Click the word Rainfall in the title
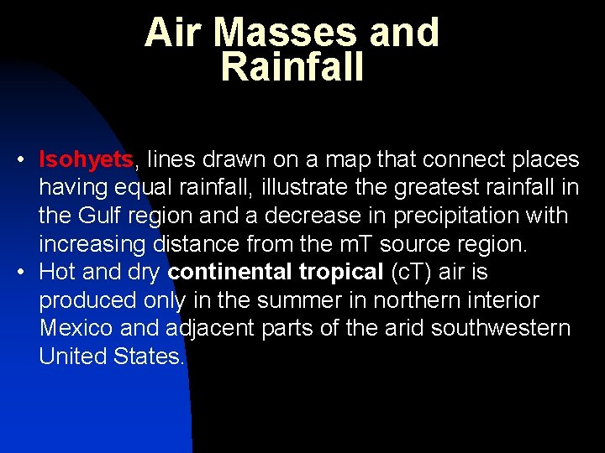coord(292,67)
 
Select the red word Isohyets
coord(87,159)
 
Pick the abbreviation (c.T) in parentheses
coord(415,273)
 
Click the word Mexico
coord(77,329)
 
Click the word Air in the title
coord(174,33)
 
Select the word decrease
coord(305,216)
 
